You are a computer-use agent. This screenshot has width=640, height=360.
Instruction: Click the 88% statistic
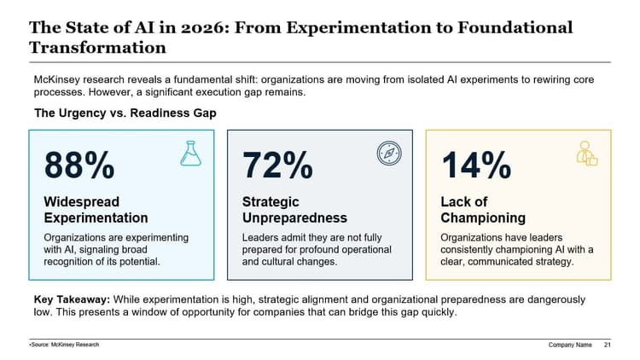[x=79, y=165]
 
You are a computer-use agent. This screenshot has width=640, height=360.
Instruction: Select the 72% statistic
[x=277, y=165]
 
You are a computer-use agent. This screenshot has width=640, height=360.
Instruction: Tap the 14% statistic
[x=476, y=165]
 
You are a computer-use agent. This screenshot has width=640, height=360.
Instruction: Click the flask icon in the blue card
[x=189, y=154]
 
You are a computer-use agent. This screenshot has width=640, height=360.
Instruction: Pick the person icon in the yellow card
[x=587, y=154]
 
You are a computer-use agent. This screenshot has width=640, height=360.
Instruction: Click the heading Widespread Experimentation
[x=96, y=210]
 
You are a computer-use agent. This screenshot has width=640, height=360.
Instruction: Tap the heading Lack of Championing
[x=482, y=210]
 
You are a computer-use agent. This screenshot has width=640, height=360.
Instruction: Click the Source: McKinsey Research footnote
[x=64, y=345]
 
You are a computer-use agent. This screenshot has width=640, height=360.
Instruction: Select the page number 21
[x=607, y=345]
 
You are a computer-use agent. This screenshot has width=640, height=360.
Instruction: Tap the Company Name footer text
[x=570, y=345]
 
